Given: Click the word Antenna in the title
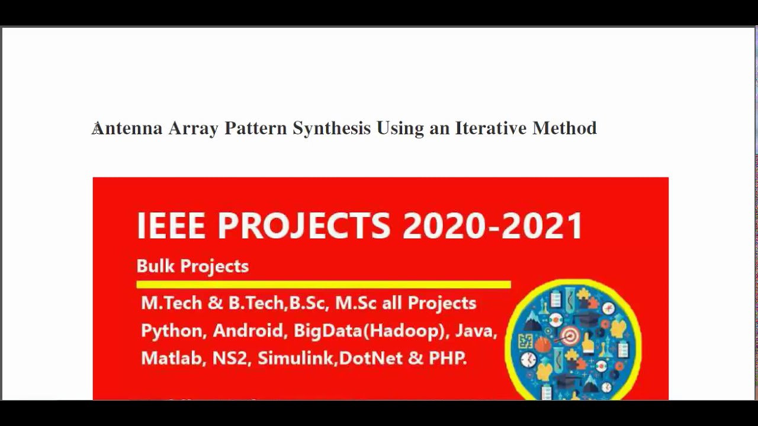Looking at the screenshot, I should [x=127, y=128].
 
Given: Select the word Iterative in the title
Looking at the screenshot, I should [x=490, y=128].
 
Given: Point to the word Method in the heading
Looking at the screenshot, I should [x=564, y=128].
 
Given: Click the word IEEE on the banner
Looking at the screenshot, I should [x=171, y=225].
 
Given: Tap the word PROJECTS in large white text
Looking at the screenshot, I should [x=304, y=225].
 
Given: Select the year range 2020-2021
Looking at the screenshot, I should [x=493, y=225].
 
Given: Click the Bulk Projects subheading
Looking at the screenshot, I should [x=192, y=266].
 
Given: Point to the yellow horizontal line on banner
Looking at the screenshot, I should [x=323, y=285].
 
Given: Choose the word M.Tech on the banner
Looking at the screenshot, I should [x=172, y=303].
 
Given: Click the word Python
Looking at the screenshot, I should [x=172, y=330].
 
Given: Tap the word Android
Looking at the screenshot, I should [x=249, y=330].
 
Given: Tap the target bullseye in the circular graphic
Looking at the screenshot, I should [x=570, y=336].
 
